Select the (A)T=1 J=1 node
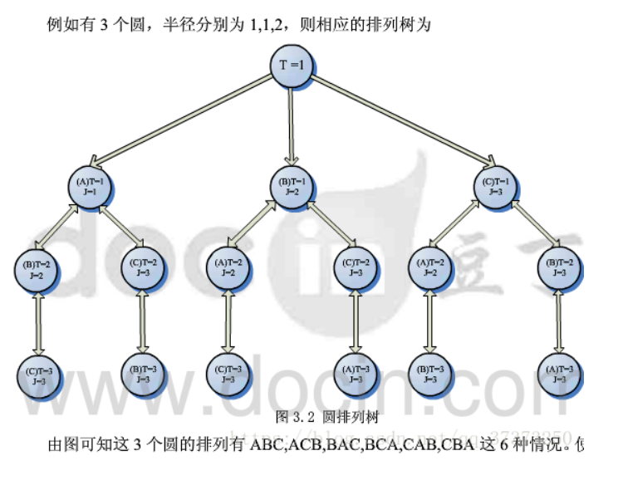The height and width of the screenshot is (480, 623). [x=89, y=186]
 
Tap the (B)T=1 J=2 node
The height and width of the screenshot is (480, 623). [x=292, y=186]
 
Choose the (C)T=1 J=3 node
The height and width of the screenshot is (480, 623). [x=495, y=186]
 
